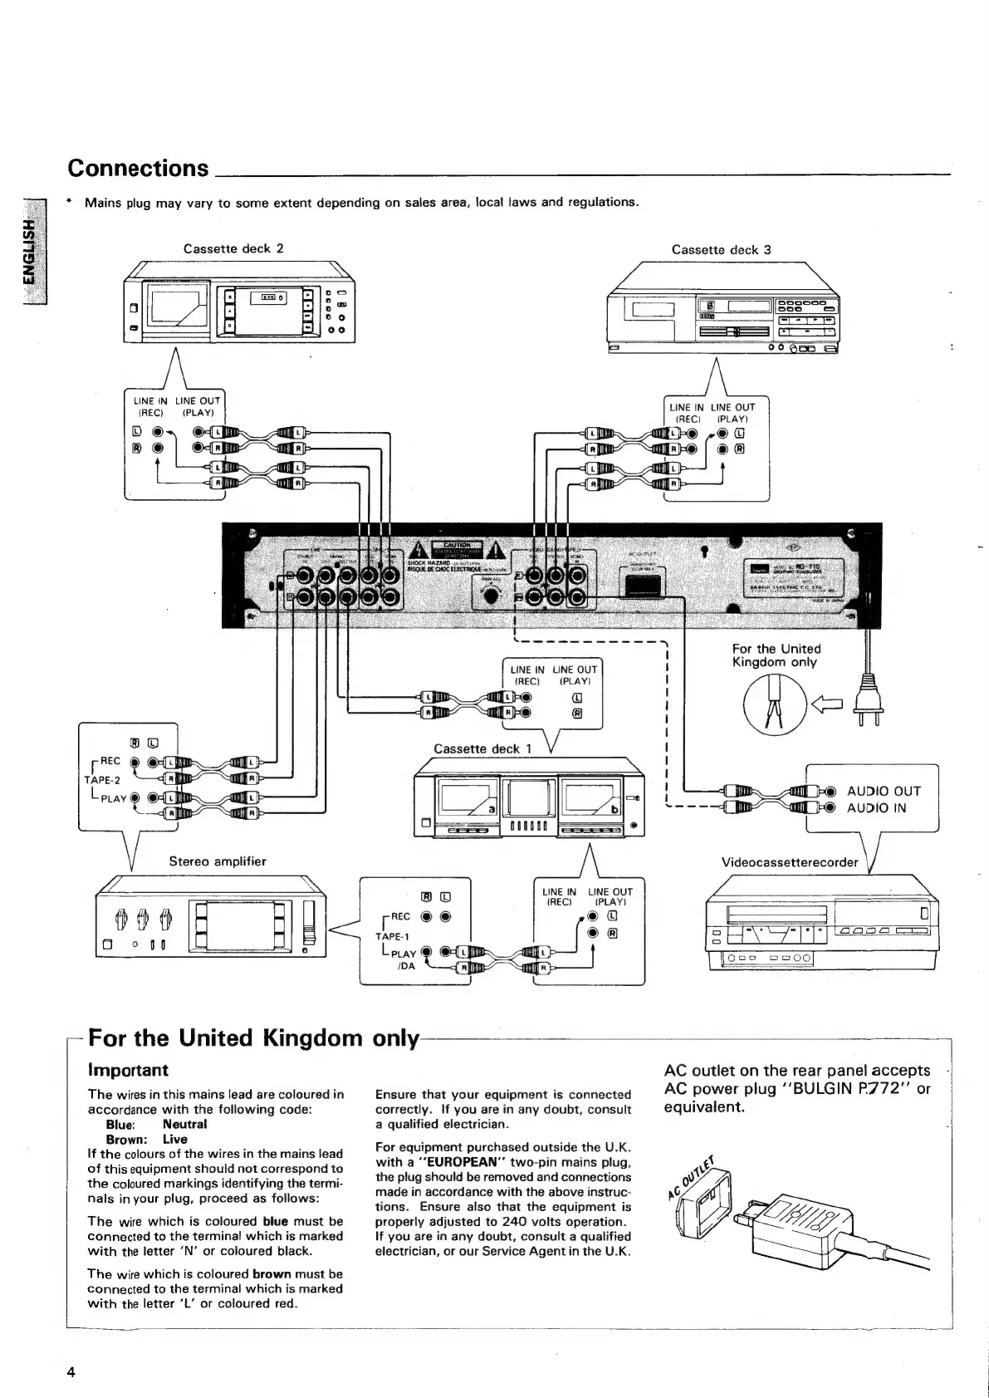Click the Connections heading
tap(138, 168)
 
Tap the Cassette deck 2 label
tap(233, 248)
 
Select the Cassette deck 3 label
tap(721, 249)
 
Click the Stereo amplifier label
tap(218, 861)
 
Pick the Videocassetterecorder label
tap(790, 862)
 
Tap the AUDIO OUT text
tap(884, 791)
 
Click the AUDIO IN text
tap(877, 807)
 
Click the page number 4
tap(72, 1371)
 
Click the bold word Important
tap(128, 1070)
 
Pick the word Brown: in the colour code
tap(126, 1139)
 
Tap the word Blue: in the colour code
tap(120, 1124)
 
